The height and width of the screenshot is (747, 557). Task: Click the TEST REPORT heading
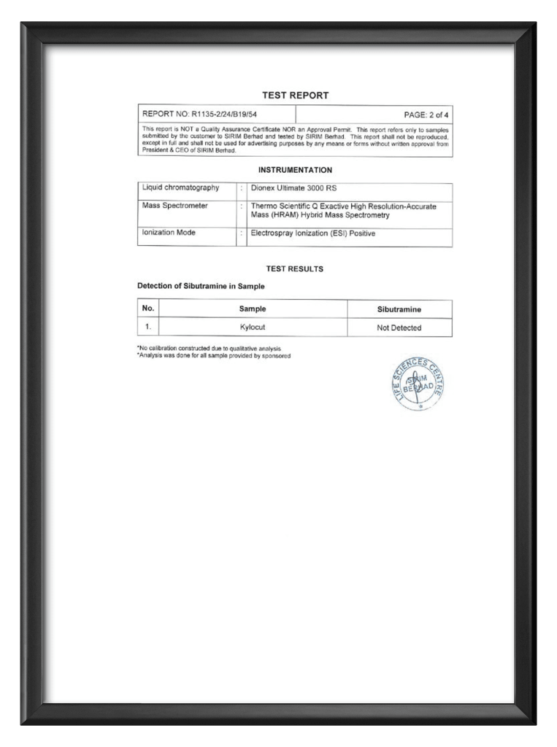click(295, 96)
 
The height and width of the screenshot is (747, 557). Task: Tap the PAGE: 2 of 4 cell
click(426, 115)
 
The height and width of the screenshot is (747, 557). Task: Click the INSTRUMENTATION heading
click(295, 170)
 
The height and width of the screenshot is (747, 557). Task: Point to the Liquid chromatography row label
click(180, 188)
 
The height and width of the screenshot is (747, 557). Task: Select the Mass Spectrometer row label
click(175, 206)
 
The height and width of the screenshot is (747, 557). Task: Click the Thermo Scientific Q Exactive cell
click(343, 211)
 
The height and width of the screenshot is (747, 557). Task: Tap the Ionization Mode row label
click(169, 233)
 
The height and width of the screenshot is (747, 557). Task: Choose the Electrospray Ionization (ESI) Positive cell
click(312, 233)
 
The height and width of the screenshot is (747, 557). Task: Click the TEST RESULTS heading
click(295, 269)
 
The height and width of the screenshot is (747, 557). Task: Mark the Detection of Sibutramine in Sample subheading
click(201, 286)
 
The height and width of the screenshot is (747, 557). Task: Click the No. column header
click(148, 309)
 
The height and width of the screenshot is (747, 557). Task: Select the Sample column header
click(253, 309)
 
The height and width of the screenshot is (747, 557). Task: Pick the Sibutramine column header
click(399, 309)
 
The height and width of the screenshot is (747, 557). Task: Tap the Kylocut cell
click(253, 328)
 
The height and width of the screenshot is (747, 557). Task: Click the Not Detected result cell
click(399, 328)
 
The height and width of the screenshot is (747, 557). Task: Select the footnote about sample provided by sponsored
click(214, 356)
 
